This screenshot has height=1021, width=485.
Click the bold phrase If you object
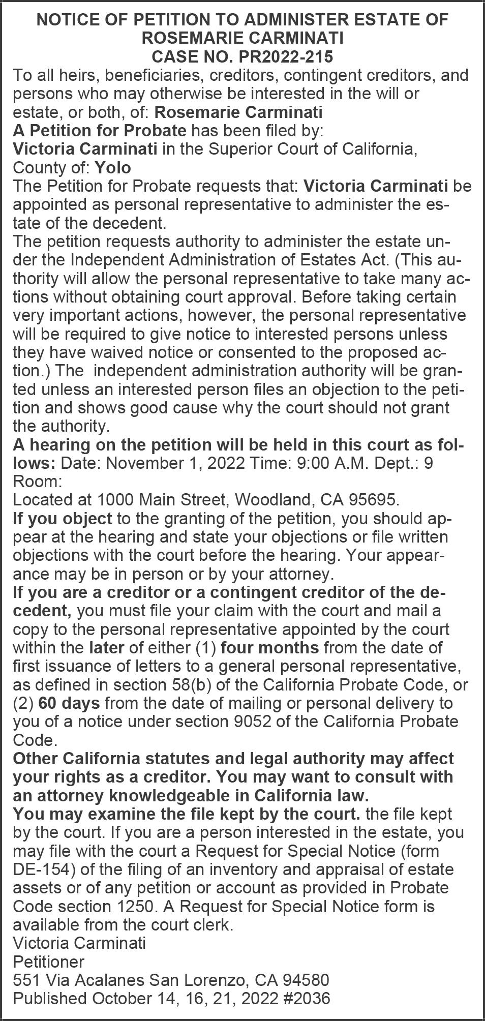(x=62, y=519)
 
